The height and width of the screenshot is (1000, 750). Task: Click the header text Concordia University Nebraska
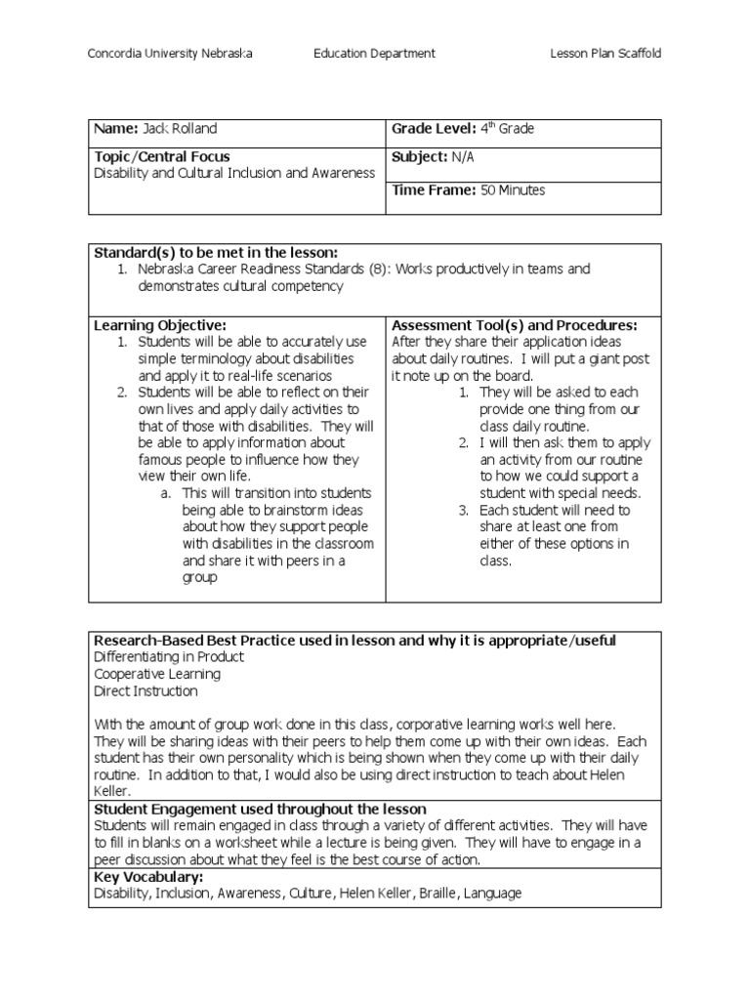click(x=170, y=54)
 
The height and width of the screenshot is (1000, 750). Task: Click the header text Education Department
click(x=374, y=54)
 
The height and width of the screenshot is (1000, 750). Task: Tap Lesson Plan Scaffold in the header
click(x=605, y=54)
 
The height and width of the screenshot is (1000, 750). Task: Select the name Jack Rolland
click(x=180, y=129)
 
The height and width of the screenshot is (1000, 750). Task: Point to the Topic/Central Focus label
click(x=162, y=156)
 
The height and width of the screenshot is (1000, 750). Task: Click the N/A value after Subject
click(x=463, y=156)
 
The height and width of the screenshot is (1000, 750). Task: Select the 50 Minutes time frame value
click(x=513, y=190)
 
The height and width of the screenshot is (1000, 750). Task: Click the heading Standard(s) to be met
click(x=214, y=252)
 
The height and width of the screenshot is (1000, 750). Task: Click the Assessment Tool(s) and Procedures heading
click(x=514, y=325)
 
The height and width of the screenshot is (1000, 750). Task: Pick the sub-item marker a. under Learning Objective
click(x=166, y=493)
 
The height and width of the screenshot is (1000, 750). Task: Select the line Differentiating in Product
click(x=169, y=657)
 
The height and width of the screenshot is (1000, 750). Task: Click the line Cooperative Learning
click(x=157, y=674)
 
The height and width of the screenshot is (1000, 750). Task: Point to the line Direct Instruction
click(x=146, y=691)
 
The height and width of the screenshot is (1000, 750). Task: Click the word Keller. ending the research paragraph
click(x=113, y=792)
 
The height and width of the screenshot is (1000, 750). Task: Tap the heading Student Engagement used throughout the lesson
click(x=260, y=809)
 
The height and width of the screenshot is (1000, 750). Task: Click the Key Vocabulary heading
click(x=147, y=877)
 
